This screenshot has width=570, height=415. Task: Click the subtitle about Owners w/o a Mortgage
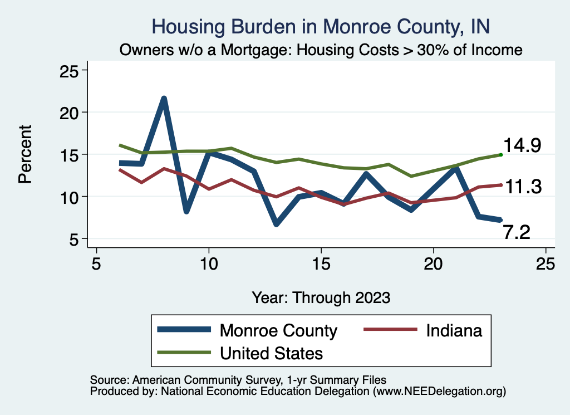point(321,50)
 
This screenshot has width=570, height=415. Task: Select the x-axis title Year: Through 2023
point(321,297)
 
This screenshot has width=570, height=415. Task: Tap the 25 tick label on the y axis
point(71,71)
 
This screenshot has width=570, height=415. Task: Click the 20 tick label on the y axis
point(71,113)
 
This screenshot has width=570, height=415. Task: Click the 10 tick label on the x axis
point(209,263)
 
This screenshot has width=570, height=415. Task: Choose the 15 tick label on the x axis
point(321,263)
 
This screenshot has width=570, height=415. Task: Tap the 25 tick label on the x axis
point(546,263)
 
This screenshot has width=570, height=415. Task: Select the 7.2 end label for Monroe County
point(517,232)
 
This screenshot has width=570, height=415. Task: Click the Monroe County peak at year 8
point(164,99)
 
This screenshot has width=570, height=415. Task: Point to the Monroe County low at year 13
point(276,224)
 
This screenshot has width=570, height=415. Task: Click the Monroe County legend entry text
point(278,330)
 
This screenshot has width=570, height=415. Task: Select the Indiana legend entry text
point(454,330)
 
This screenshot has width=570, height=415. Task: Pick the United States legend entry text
point(271,353)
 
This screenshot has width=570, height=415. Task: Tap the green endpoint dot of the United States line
point(502,154)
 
